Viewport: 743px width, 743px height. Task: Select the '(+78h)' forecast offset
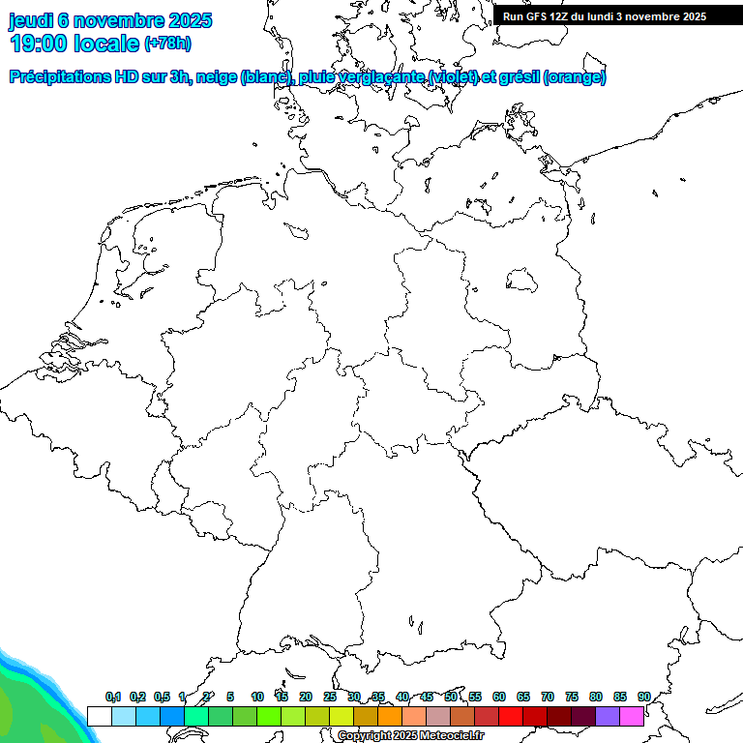click(167, 44)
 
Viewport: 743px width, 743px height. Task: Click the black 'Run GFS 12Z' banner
click(605, 16)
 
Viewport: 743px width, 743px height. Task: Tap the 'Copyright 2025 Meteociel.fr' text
click(410, 736)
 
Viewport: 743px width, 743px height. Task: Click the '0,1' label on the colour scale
click(113, 698)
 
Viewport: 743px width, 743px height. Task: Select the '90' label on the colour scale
click(643, 698)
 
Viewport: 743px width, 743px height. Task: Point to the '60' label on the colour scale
click(499, 698)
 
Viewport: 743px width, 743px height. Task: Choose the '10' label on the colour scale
click(257, 698)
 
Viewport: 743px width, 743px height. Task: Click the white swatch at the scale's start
click(99, 716)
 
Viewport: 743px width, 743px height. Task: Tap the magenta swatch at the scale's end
click(632, 716)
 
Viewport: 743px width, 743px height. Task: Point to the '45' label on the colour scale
click(427, 698)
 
